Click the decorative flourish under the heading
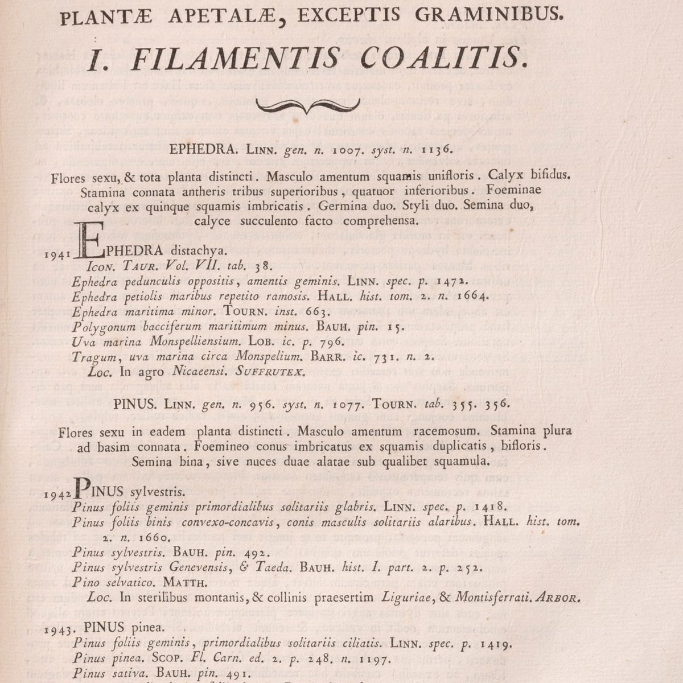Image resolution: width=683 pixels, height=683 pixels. click(309, 105)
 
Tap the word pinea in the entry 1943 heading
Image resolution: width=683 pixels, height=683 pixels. click(150, 628)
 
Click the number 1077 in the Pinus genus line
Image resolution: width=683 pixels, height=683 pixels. click(347, 406)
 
